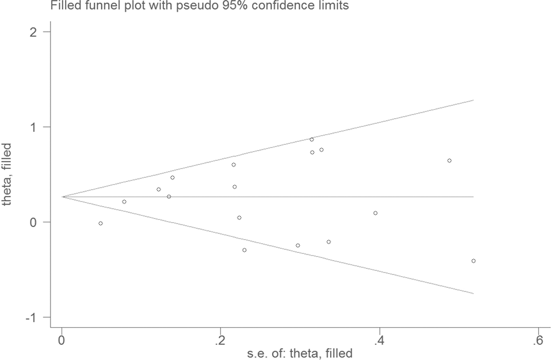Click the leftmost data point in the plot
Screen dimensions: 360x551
[101, 223]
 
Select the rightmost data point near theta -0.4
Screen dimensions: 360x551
[473, 261]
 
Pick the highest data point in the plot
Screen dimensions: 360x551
[312, 140]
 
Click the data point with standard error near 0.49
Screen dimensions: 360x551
[450, 161]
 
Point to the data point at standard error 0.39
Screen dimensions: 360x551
[375, 213]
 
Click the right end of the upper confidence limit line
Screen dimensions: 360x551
[473, 100]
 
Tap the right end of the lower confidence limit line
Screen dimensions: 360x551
[473, 293]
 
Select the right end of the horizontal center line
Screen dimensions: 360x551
[473, 197]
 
